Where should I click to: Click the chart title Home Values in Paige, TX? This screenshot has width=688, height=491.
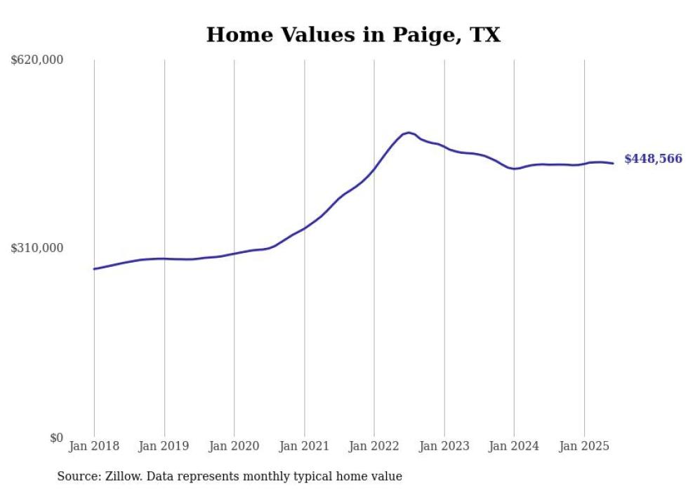(x=353, y=35)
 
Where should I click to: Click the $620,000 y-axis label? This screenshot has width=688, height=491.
(x=37, y=60)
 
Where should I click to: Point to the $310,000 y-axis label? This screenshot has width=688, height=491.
(x=37, y=248)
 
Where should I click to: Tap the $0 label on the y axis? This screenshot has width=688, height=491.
(x=56, y=438)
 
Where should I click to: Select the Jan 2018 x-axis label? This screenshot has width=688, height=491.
(x=94, y=446)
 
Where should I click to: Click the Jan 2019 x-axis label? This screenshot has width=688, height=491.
(x=164, y=446)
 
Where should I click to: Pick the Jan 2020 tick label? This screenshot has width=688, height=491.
(x=234, y=446)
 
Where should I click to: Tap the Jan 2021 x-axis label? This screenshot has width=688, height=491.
(x=304, y=446)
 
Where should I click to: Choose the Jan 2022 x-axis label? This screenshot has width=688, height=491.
(x=374, y=446)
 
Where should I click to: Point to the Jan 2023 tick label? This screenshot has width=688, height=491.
(x=444, y=446)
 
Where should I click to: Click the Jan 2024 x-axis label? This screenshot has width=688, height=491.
(x=514, y=446)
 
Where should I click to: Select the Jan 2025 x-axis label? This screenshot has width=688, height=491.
(x=584, y=446)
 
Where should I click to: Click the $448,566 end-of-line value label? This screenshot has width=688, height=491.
(x=653, y=159)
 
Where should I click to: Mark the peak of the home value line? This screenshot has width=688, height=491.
(x=409, y=132)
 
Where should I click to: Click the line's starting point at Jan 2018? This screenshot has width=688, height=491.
(x=94, y=269)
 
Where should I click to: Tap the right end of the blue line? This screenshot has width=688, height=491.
(x=613, y=164)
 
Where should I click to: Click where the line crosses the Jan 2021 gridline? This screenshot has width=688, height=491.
(x=304, y=228)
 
